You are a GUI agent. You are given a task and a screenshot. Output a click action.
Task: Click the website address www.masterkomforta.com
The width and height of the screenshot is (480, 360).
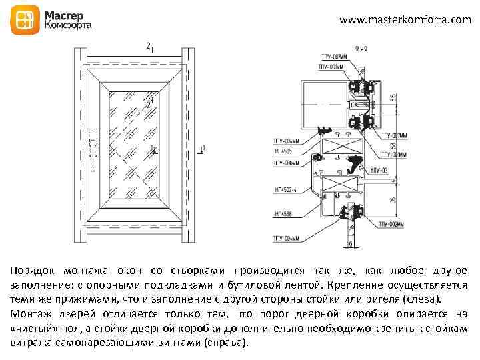pyautogui.click(x=405, y=21)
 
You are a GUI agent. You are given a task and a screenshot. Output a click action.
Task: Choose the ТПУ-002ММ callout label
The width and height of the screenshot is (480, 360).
pyautogui.click(x=389, y=225)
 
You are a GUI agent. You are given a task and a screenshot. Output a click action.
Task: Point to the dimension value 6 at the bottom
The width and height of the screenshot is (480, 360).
pyautogui.click(x=351, y=244)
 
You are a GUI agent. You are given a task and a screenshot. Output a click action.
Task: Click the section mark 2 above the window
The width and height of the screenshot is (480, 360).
pyautogui.click(x=149, y=46)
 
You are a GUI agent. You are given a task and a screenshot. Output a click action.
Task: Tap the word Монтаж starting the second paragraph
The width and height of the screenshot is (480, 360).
pyautogui.click(x=31, y=313)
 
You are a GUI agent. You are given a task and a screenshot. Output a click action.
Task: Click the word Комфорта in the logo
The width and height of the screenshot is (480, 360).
pyautogui.click(x=69, y=25)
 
